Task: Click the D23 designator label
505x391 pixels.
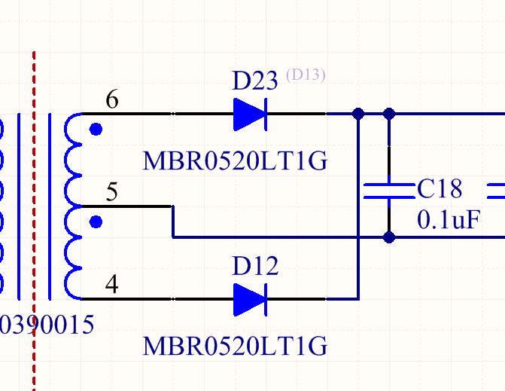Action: point(254,81)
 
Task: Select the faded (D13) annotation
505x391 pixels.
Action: point(306,75)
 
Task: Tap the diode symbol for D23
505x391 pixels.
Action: point(251,115)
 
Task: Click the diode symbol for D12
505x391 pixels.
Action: point(251,300)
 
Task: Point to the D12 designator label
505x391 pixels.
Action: point(255,266)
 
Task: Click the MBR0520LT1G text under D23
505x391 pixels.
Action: point(235,160)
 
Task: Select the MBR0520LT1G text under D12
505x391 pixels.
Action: point(235,346)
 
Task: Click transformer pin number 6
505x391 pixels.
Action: point(112,99)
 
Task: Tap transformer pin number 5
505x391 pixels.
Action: point(112,191)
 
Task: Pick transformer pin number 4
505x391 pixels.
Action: point(111,284)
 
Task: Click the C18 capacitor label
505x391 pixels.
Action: point(440,188)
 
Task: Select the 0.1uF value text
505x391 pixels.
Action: point(449,219)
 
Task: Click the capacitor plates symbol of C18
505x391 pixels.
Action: point(389,191)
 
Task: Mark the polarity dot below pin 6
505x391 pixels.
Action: point(96,130)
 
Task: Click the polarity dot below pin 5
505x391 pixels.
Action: point(96,221)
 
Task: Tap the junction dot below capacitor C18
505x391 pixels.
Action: point(389,237)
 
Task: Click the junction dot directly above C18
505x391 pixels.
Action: point(389,114)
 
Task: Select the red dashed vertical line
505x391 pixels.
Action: point(34,221)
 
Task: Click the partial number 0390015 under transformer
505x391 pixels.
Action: point(47,325)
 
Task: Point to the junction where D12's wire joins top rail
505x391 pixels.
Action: point(358,114)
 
